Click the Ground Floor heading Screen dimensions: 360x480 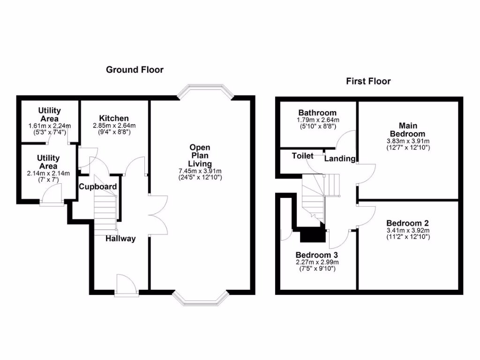pos(135,70)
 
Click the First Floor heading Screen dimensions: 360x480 pos(368,81)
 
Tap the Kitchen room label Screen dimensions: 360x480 pos(114,118)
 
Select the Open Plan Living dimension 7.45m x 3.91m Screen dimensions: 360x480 pos(200,171)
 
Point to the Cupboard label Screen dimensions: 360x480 pos(97,187)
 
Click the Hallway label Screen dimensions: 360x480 pos(120,239)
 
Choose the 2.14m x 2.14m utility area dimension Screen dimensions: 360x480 pos(48,173)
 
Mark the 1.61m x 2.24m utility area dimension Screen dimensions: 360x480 pos(49,126)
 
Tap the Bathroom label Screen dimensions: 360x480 pos(317,113)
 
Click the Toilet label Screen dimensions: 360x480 pos(303,156)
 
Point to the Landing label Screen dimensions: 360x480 pos(340,158)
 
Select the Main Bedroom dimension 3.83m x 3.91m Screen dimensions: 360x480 pos(408,141)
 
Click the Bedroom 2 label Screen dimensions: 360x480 pos(407,223)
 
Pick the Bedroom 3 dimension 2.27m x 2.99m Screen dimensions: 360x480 pos(317,262)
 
